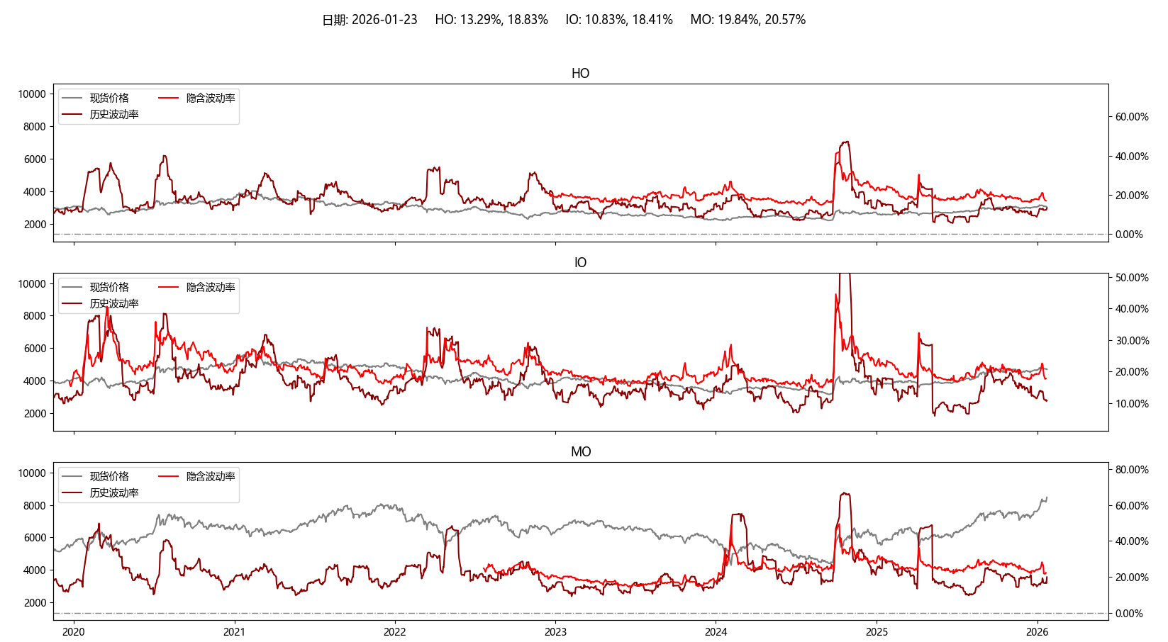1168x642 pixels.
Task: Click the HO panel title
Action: point(580,74)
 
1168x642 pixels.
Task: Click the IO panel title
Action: point(580,263)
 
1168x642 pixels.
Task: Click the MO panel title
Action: point(580,452)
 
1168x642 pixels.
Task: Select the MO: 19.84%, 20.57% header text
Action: point(747,20)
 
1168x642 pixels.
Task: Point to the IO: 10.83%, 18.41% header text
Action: point(618,20)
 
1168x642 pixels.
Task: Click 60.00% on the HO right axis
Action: point(1132,117)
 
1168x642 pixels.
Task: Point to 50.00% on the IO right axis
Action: point(1132,278)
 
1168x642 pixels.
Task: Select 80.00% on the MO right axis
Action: point(1132,470)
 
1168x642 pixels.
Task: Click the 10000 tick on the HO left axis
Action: point(32,94)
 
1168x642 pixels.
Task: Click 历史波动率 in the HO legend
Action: point(113,114)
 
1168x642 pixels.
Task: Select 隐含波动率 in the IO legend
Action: point(211,287)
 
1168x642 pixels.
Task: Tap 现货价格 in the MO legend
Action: point(109,476)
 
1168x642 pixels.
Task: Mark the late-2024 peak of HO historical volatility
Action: point(845,142)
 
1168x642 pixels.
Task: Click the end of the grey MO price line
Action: point(1047,497)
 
